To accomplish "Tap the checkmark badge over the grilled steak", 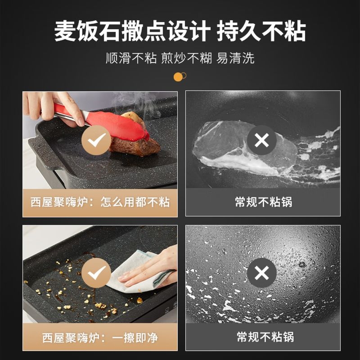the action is pos(96,140).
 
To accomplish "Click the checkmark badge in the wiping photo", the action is pos(96,273).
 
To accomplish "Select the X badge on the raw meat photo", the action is pos(262,140).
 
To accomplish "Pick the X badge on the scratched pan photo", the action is pos(262,273).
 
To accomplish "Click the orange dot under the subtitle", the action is pos(178,77).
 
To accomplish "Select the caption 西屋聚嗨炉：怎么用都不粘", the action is pos(100,202).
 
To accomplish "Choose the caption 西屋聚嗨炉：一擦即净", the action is pos(100,337).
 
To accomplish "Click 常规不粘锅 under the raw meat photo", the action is pos(263,202).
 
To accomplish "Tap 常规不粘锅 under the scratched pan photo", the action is pos(265,337).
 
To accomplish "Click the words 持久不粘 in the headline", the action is pos(261,31).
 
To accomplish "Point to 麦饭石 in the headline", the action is pos(87,31).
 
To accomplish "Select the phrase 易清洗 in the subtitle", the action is pos(235,58).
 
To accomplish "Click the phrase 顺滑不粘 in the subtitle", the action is pos(131,58).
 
